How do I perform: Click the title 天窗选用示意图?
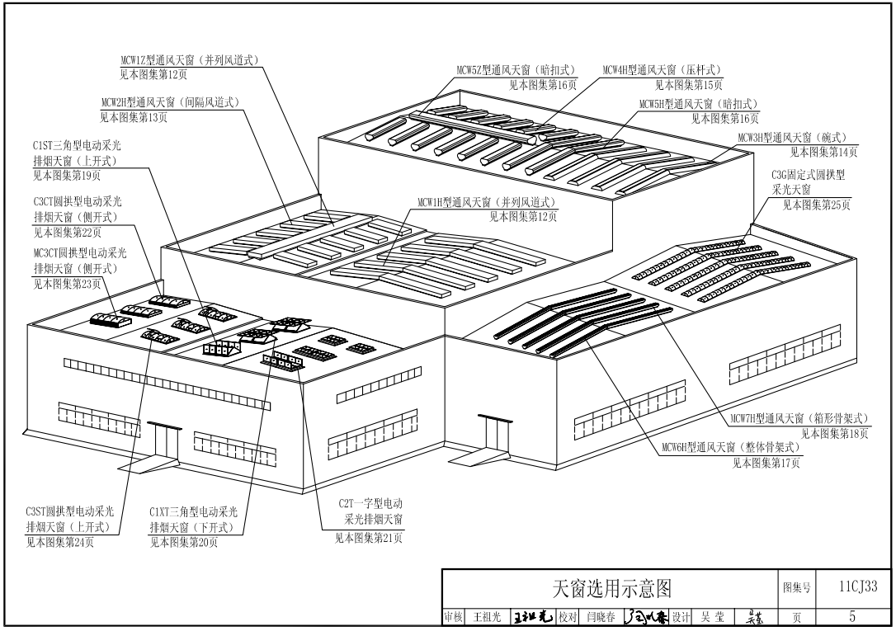pyautogui.click(x=611, y=588)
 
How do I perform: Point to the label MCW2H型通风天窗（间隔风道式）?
pyautogui.click(x=170, y=102)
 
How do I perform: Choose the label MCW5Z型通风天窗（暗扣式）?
pyautogui.click(x=516, y=70)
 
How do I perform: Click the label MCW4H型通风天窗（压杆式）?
pyautogui.click(x=663, y=70)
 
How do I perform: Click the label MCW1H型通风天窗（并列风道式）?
pyautogui.click(x=486, y=202)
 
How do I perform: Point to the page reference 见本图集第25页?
pyautogui.click(x=816, y=205)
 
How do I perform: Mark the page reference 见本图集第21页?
pyautogui.click(x=369, y=539)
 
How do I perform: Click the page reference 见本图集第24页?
pyautogui.click(x=59, y=542)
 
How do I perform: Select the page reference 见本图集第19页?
pyautogui.click(x=68, y=175)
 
